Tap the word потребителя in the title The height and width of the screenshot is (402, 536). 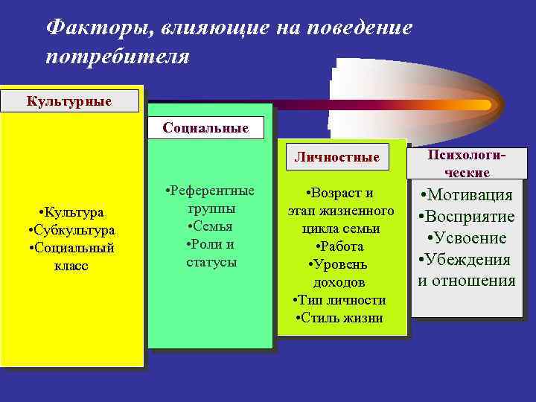pos(118,57)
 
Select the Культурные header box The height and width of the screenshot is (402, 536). pos(70,100)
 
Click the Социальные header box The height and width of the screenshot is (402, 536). pos(205,127)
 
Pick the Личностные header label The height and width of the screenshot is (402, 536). pos(336,156)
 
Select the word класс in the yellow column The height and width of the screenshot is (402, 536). pos(71,266)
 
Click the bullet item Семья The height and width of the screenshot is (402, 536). pos(211,226)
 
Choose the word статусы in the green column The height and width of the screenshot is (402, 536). pos(211,261)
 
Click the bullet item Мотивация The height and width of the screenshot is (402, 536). pos(467,196)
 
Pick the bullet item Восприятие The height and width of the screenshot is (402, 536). pos(467,217)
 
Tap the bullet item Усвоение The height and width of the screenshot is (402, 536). pos(467,238)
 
